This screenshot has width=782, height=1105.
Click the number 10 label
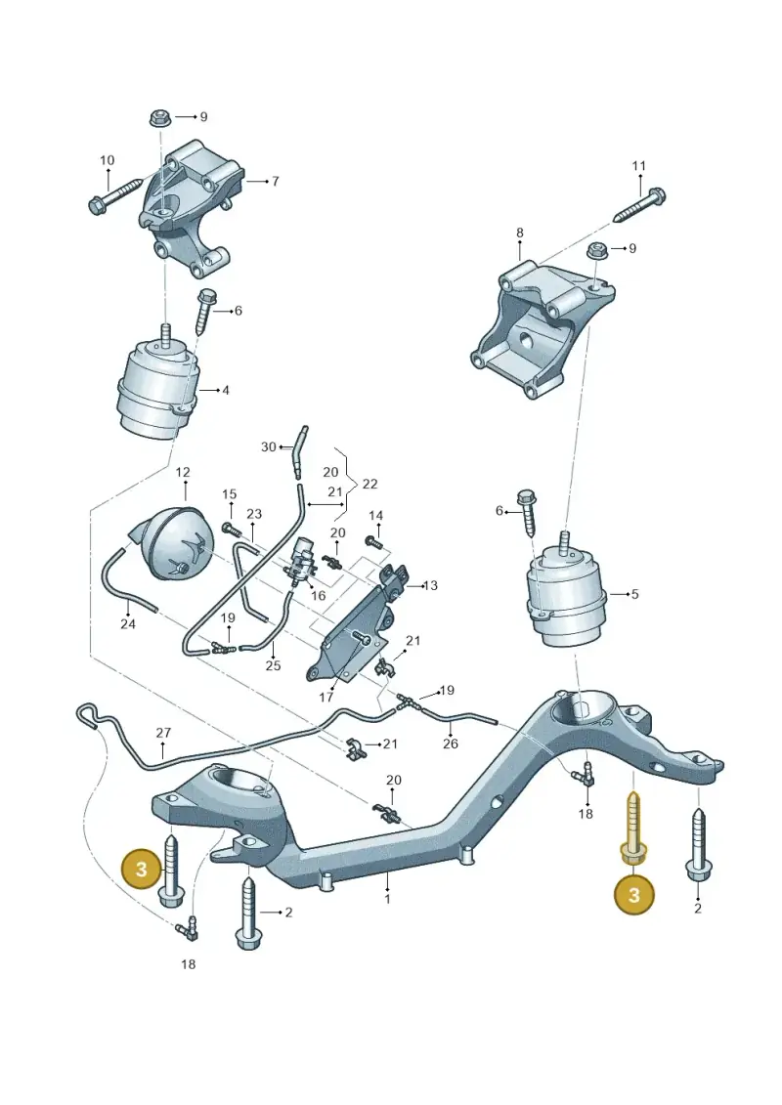108,160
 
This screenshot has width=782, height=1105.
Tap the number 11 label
638,166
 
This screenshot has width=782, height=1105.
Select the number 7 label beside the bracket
275,181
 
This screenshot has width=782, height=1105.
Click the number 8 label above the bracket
520,233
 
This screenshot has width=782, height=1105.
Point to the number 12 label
183,472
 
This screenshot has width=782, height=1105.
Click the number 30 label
269,446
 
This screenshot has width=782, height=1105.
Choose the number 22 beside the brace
369,485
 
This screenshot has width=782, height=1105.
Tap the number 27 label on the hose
163,733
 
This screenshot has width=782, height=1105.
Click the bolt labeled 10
120,196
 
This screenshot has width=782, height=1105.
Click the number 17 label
326,698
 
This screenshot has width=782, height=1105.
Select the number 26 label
451,744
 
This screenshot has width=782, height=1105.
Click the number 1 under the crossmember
387,899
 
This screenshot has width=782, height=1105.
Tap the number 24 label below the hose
128,623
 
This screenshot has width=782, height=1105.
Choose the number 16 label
318,595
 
